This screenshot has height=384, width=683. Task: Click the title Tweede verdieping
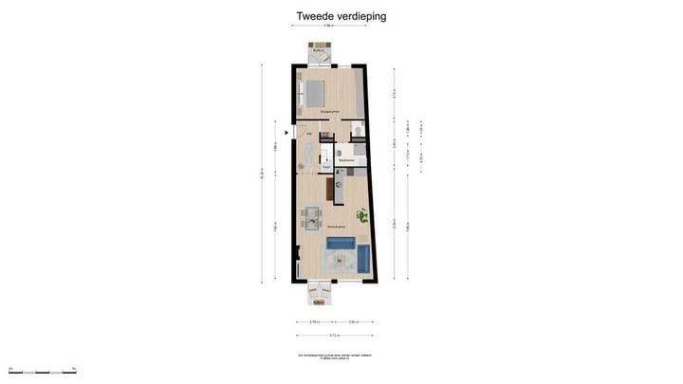click(341, 16)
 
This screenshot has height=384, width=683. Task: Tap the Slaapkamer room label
click(330, 113)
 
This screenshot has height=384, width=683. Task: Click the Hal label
click(308, 135)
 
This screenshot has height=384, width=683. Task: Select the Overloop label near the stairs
click(326, 167)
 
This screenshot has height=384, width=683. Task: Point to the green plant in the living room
click(361, 215)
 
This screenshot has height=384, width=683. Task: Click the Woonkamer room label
click(335, 229)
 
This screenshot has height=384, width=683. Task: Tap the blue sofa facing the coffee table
click(340, 245)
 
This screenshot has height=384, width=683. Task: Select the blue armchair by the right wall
click(361, 256)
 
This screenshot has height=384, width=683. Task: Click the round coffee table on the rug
click(338, 262)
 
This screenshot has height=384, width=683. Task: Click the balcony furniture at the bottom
click(321, 293)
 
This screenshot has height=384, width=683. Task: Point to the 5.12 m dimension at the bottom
click(335, 337)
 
